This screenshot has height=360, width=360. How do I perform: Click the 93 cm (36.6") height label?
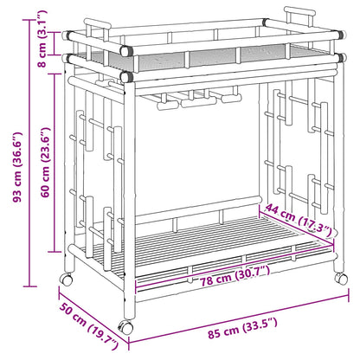tap(18, 167)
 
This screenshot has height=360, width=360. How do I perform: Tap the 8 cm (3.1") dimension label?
tap(42, 38)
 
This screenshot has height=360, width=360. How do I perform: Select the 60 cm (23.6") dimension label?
tap(45, 162)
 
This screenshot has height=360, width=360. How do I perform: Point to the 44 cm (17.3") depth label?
tap(301, 220)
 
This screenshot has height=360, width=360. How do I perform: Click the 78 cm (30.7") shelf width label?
tap(235, 276)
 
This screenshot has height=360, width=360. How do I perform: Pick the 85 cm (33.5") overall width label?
tap(242, 328)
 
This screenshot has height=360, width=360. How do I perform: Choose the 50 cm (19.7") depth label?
tap(89, 325)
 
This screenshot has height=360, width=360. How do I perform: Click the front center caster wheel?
tap(125, 326)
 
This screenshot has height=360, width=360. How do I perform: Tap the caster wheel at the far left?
tap(66, 279)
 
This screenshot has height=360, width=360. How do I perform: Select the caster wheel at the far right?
tap(341, 278)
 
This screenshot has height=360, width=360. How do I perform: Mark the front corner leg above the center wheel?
tap(129, 199)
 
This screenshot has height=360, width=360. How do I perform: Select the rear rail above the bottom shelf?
tap(198, 209)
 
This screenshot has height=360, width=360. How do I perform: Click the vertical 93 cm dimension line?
tap(29, 153)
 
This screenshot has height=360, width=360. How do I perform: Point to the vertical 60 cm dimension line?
tap(55, 163)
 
